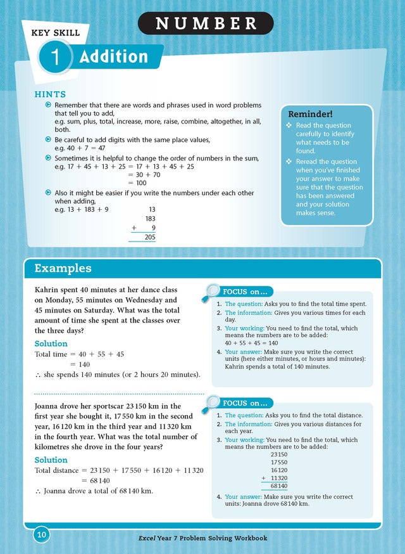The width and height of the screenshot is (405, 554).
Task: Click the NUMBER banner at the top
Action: (x=206, y=23)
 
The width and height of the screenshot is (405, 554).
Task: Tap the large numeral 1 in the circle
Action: (x=56, y=58)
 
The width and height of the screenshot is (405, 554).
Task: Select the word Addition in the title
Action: (x=113, y=58)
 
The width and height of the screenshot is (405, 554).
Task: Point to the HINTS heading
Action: (x=50, y=94)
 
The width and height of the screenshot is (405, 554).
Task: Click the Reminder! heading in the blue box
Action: (x=310, y=114)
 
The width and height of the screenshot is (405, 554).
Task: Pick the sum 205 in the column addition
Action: (x=150, y=237)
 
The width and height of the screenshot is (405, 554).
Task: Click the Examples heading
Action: (x=63, y=268)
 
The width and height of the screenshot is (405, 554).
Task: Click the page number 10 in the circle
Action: (x=42, y=536)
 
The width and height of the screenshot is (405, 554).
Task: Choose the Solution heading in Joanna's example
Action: (x=51, y=460)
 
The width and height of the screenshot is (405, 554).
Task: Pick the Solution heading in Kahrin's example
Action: (x=51, y=344)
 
